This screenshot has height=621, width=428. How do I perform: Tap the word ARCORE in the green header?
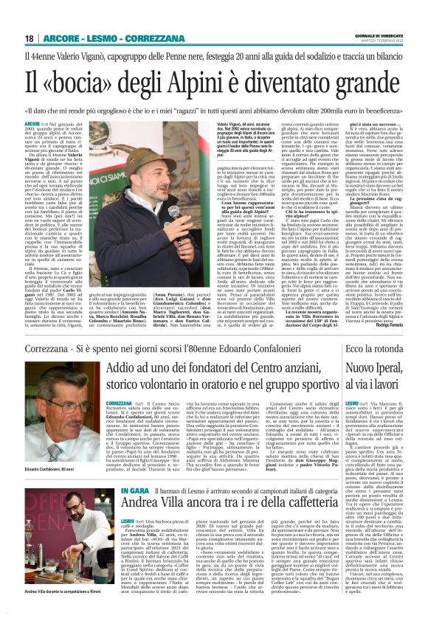64,38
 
